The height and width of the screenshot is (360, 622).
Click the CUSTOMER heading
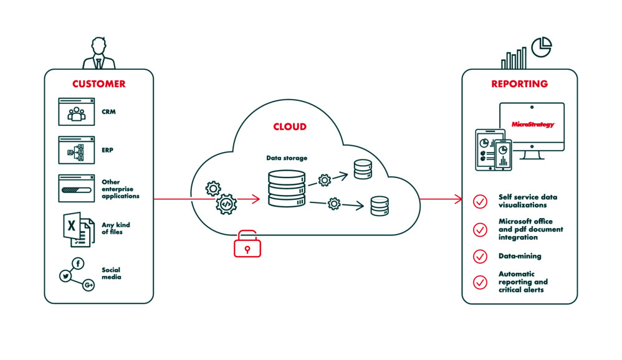tap(98, 84)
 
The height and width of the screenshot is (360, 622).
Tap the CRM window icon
tap(76, 112)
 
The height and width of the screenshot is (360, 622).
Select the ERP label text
tap(108, 150)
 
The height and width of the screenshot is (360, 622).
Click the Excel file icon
tap(75, 229)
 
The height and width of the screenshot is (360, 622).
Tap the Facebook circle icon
tap(79, 264)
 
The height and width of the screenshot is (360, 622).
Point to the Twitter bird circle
tap(64, 276)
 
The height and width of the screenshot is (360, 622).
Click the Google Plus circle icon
tap(89, 285)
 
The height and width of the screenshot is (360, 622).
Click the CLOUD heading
tap(290, 127)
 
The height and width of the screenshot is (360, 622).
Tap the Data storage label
tap(287, 158)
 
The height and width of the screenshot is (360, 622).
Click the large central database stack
tap(287, 187)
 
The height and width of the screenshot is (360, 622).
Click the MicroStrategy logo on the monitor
tap(532, 125)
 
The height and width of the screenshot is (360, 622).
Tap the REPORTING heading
tap(519, 84)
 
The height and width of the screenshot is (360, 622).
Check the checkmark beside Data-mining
tap(480, 256)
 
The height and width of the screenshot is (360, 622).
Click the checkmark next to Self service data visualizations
tap(480, 201)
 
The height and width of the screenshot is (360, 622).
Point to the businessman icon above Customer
tap(98, 54)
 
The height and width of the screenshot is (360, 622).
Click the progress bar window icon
tap(76, 188)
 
